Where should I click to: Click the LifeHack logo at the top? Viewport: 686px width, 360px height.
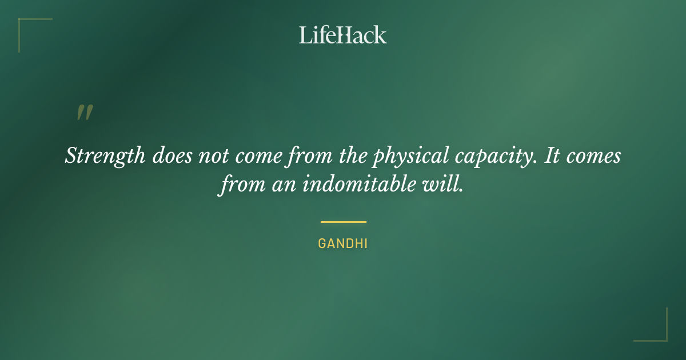pos(343,35)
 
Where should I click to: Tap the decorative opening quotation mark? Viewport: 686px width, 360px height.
pos(84,113)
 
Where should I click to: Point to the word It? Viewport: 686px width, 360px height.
pos(551,156)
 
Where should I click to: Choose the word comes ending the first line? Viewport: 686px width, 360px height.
pos(594,156)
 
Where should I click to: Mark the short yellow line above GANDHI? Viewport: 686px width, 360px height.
pos(343,222)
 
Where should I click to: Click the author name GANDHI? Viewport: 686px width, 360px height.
pos(343,243)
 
